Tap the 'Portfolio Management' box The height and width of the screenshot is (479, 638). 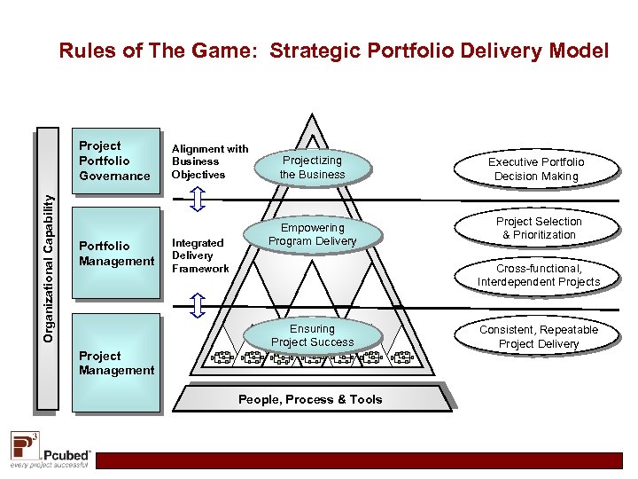coord(115,254)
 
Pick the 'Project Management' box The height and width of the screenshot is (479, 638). coord(115,363)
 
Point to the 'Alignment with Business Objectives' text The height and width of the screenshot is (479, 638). coord(209,161)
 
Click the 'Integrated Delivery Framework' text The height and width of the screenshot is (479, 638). coord(200,255)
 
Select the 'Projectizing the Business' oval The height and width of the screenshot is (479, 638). coord(312,168)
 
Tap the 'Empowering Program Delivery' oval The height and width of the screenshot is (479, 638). coord(312,235)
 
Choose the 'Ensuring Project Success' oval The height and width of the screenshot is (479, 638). coord(312,335)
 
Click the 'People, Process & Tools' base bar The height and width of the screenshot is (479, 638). coord(310,399)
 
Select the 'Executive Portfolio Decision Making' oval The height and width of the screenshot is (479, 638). coord(536,169)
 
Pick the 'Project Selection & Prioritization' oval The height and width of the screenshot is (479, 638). coord(539,228)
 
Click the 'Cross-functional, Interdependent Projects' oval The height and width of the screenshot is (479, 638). coord(539,275)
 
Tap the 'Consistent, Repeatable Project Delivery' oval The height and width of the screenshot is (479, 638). coord(539,337)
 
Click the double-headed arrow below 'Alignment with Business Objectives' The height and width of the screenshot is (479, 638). coord(198,200)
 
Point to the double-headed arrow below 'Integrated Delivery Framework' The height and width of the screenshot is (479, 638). coord(198,304)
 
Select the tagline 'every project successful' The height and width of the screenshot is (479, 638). coord(50,464)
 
